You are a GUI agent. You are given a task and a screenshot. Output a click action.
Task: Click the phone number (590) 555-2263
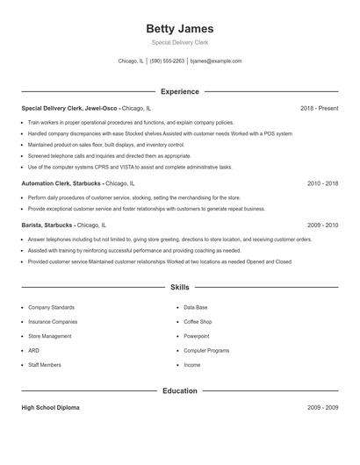point(167,61)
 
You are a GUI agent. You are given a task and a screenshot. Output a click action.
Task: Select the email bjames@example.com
point(216,61)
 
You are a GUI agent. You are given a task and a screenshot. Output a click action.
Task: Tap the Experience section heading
point(179,91)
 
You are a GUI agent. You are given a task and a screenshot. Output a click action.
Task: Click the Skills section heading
point(179,287)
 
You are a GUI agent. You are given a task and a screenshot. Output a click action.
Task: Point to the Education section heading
point(179,390)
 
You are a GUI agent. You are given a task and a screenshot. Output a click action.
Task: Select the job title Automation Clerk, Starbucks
point(61,184)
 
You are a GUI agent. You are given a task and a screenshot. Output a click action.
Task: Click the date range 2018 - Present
point(320,108)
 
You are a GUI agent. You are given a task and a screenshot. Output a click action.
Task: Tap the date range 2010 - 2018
point(322,184)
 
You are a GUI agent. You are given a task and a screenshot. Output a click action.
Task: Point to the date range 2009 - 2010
point(322,225)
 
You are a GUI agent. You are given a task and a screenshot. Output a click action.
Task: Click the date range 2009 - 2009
point(322,408)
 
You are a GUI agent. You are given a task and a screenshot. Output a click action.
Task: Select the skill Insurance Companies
point(53,322)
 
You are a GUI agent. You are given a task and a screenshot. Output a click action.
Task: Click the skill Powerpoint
point(197,336)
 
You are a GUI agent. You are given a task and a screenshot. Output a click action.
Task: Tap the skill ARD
point(33,350)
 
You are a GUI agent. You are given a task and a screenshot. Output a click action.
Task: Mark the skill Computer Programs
point(206,350)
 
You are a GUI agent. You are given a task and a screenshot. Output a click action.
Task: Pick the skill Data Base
point(196,308)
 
